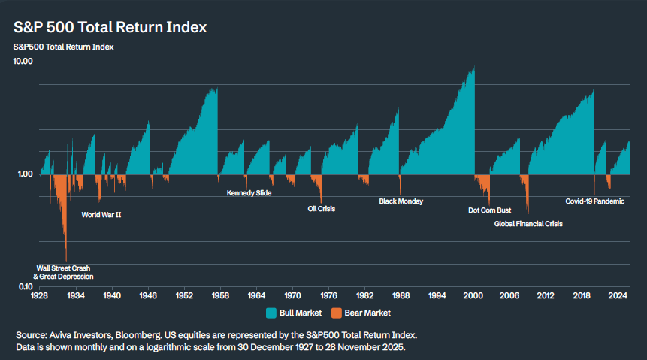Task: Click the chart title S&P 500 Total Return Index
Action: (110, 27)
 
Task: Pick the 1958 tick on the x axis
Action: (220, 296)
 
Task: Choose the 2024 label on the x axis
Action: (618, 296)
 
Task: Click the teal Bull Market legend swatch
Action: (271, 313)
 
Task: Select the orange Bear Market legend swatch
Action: (336, 313)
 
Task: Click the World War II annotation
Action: (101, 214)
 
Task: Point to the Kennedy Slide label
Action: (249, 193)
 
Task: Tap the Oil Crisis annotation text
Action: (322, 209)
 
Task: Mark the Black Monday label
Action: (401, 201)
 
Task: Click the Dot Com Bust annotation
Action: (489, 210)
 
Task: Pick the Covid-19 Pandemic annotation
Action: (594, 201)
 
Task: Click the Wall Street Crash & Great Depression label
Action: (65, 272)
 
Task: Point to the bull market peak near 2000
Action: (473, 68)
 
